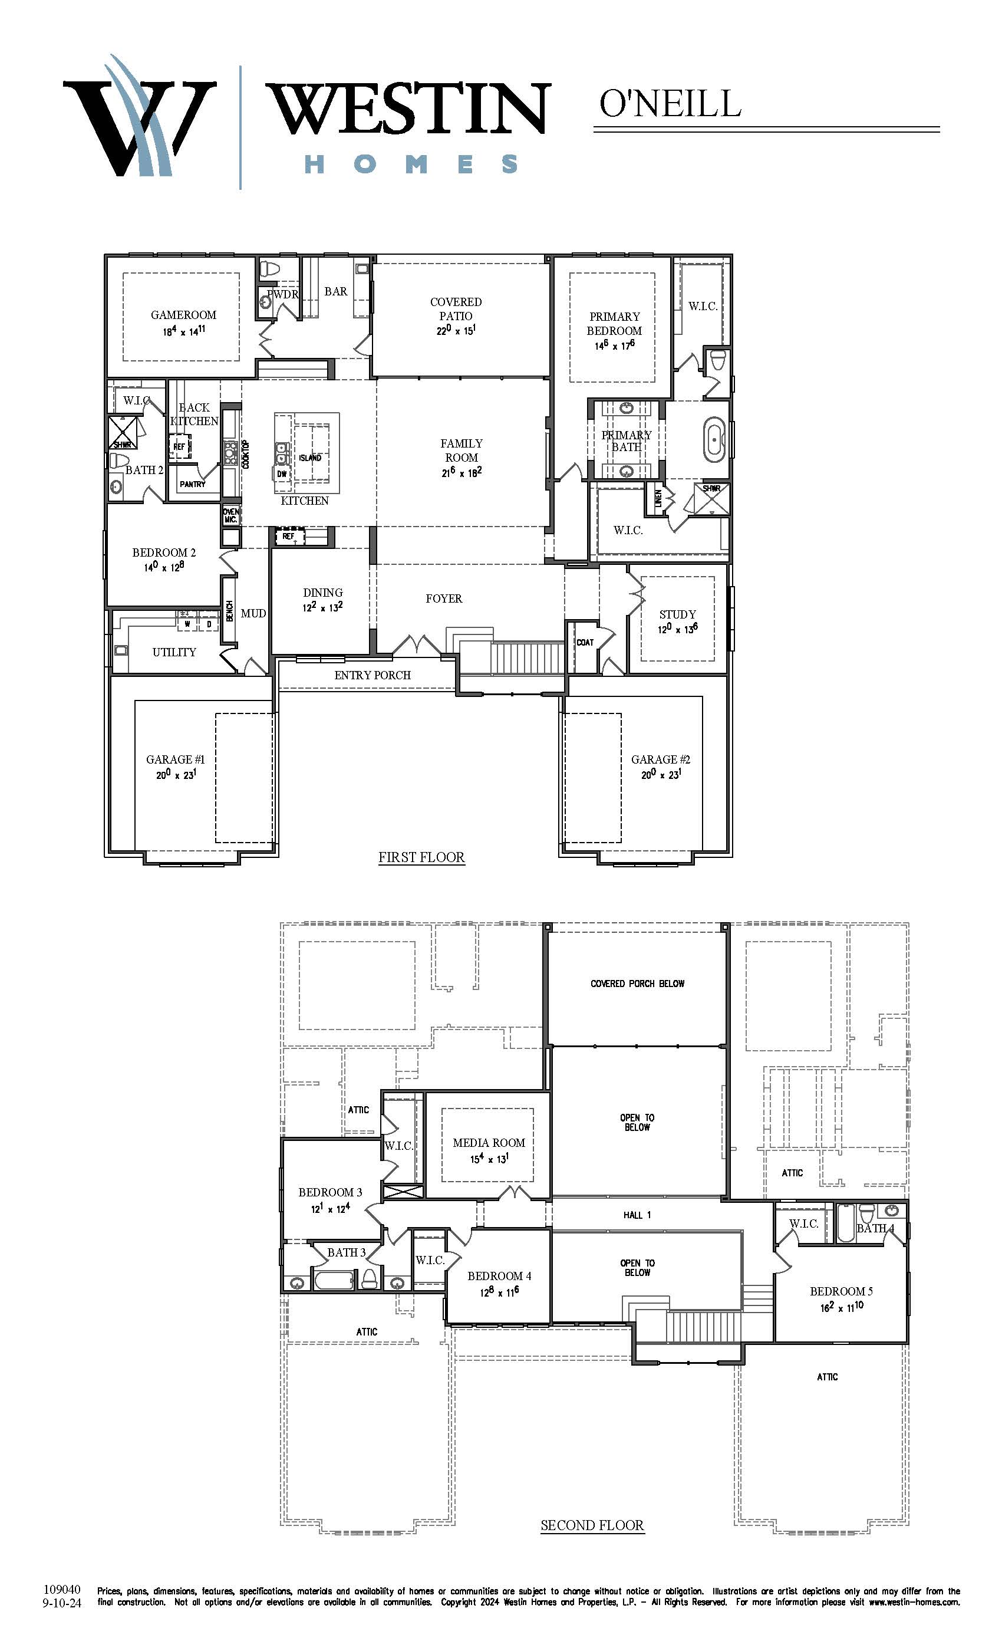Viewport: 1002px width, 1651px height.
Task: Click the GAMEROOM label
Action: tap(183, 315)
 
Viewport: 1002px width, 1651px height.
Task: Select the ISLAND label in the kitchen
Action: tap(310, 458)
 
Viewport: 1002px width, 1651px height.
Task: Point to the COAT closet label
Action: tap(585, 643)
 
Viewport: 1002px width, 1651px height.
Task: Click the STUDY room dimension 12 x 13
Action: tap(677, 629)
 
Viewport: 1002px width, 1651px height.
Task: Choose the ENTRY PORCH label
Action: tap(373, 675)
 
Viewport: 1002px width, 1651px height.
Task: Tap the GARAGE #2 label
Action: tap(660, 759)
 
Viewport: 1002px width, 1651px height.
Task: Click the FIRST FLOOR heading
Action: tap(421, 857)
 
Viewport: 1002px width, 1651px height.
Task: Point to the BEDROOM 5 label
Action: tap(841, 1291)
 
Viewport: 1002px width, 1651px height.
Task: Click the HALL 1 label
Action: tap(637, 1215)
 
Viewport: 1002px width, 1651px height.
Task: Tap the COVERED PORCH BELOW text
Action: tap(637, 984)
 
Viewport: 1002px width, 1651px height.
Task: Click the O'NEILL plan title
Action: tap(670, 104)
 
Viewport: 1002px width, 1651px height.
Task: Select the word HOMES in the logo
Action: tap(411, 164)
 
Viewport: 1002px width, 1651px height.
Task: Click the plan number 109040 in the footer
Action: tap(62, 1589)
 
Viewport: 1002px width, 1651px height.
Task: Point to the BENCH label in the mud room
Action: tap(230, 610)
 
